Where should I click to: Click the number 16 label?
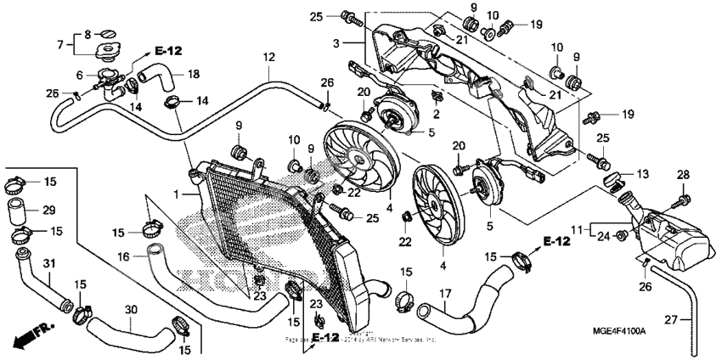coord(122,256)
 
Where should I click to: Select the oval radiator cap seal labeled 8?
coord(106,32)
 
